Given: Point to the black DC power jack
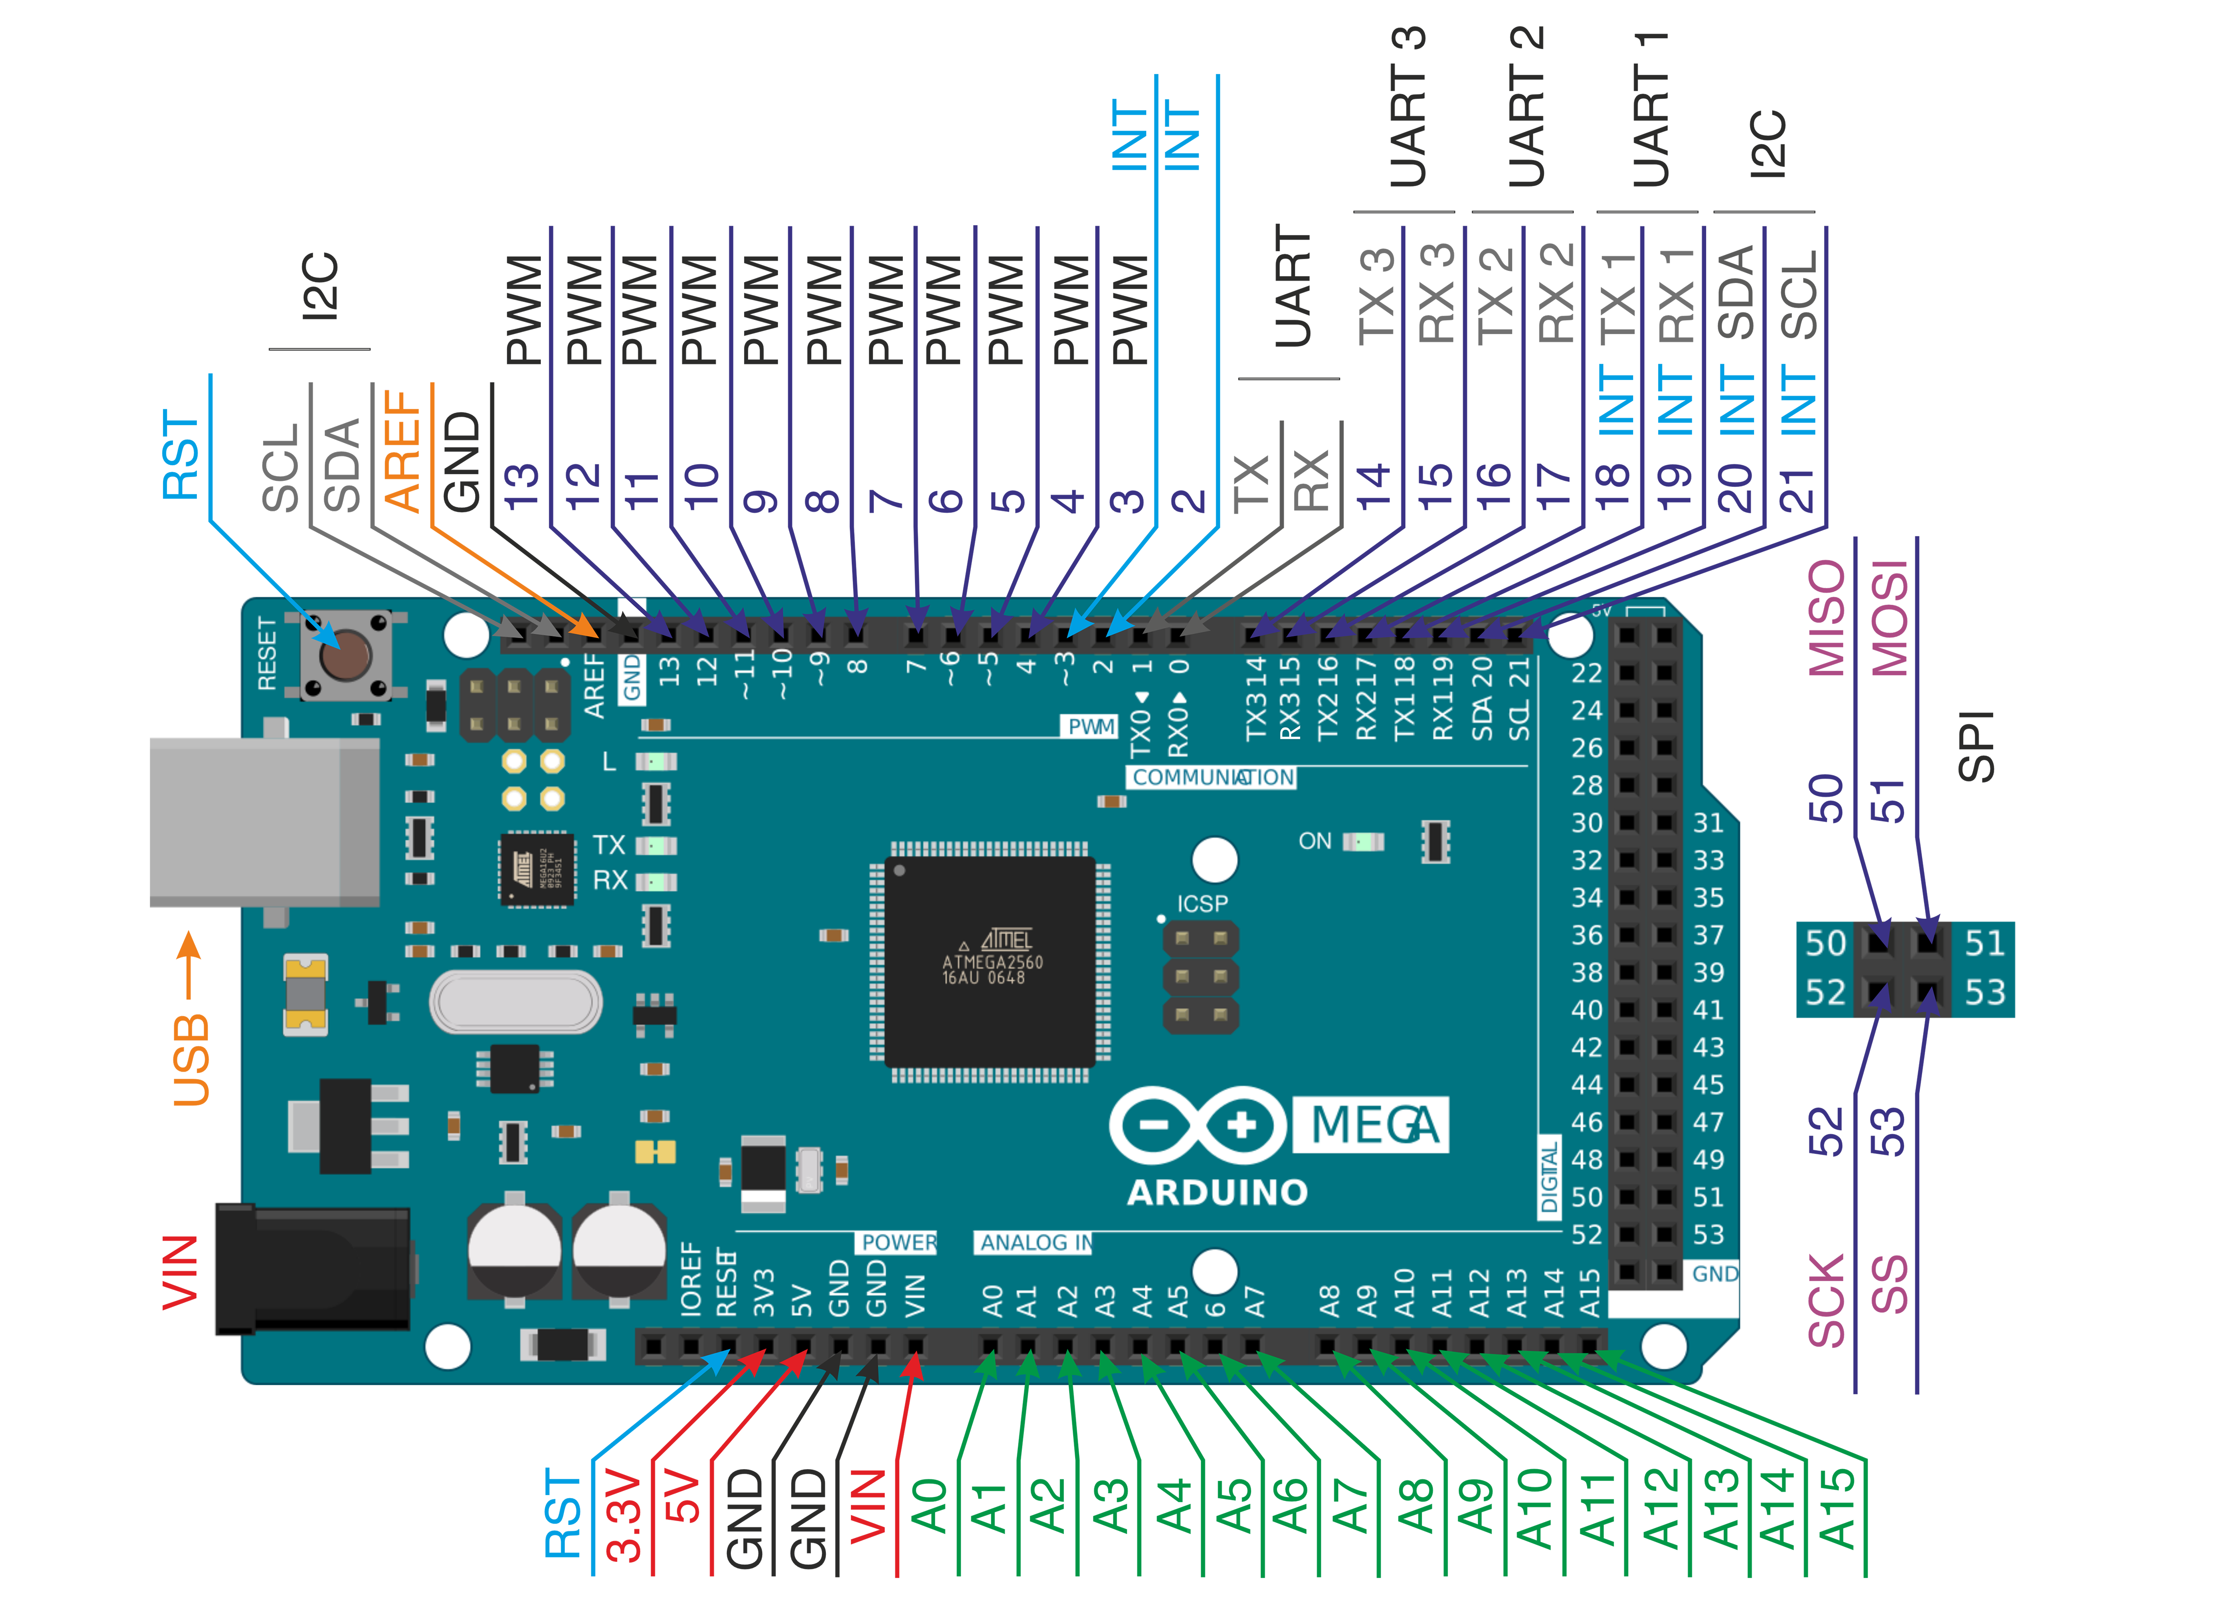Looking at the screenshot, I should (313, 1269).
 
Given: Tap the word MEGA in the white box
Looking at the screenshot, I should (1372, 1125).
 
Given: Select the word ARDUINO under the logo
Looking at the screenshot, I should (1217, 1192).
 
